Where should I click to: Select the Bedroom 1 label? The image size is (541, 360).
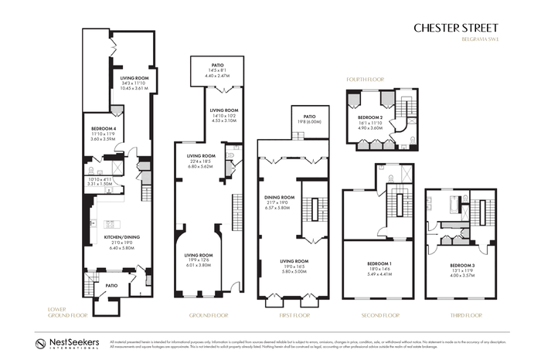[x=379, y=265]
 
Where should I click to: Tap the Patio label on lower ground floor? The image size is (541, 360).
[x=111, y=284]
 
